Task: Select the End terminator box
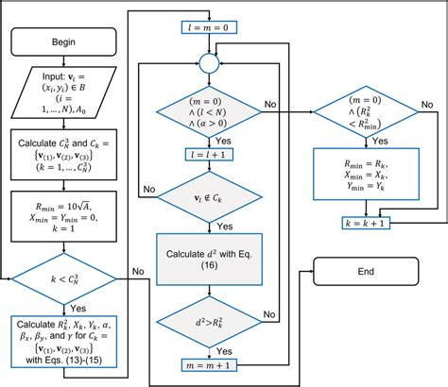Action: click(366, 271)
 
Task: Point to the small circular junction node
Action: click(207, 62)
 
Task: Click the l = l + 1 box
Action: click(207, 152)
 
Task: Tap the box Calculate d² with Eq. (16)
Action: click(207, 255)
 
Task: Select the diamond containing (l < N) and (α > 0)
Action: click(207, 110)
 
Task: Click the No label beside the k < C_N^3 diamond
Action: click(137, 271)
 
